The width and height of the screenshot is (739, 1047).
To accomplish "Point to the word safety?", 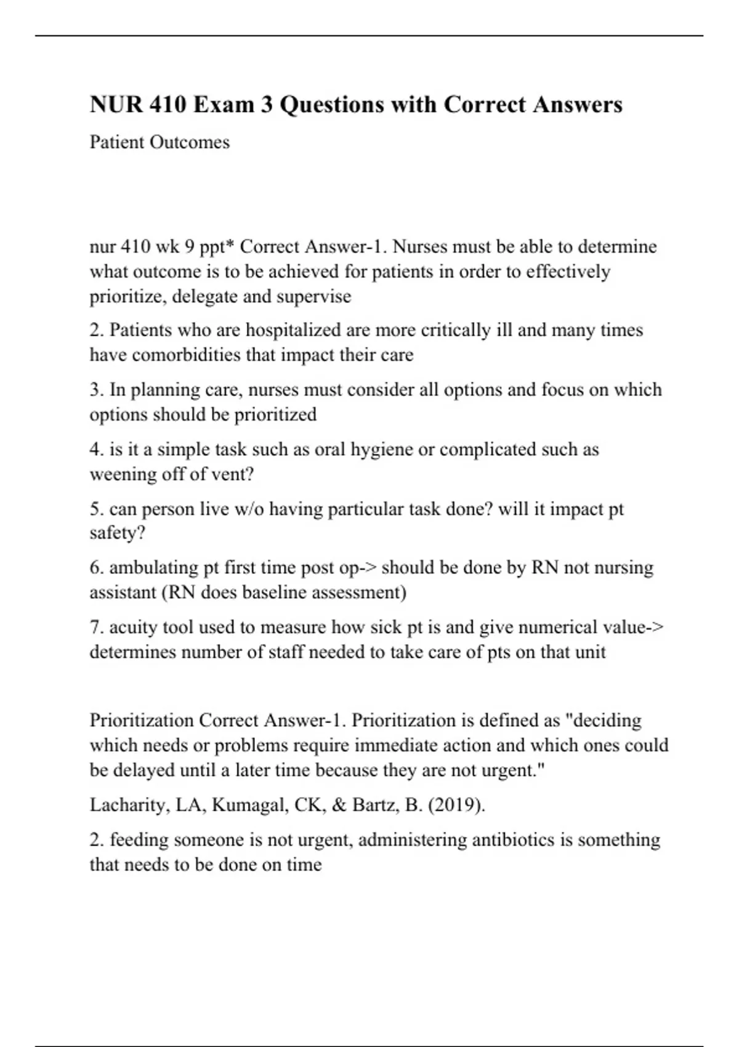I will tap(118, 533).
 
